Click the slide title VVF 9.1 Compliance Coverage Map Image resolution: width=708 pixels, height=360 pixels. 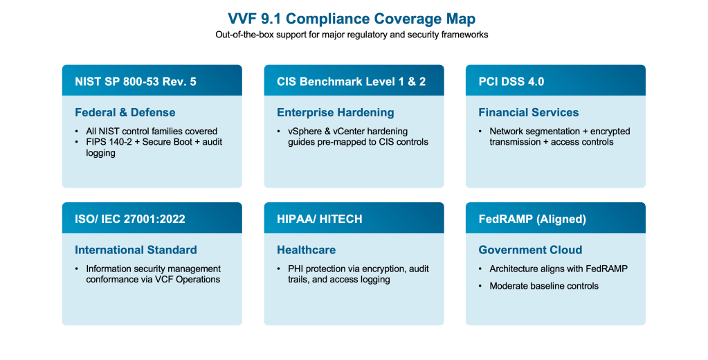pyautogui.click(x=352, y=19)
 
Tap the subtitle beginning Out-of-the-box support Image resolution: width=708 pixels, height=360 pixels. pyautogui.click(x=352, y=35)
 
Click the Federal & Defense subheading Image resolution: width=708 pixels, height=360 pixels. pyautogui.click(x=125, y=112)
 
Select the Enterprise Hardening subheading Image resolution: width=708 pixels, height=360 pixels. pyautogui.click(x=336, y=112)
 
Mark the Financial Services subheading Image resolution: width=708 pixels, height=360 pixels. pyautogui.click(x=528, y=112)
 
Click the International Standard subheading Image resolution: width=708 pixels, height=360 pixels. pyautogui.click(x=136, y=250)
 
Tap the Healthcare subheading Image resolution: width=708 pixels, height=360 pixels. pyautogui.click(x=306, y=250)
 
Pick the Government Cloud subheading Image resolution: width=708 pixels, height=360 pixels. pyautogui.click(x=530, y=250)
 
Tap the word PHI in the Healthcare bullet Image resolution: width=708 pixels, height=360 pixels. pyautogui.click(x=296, y=269)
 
